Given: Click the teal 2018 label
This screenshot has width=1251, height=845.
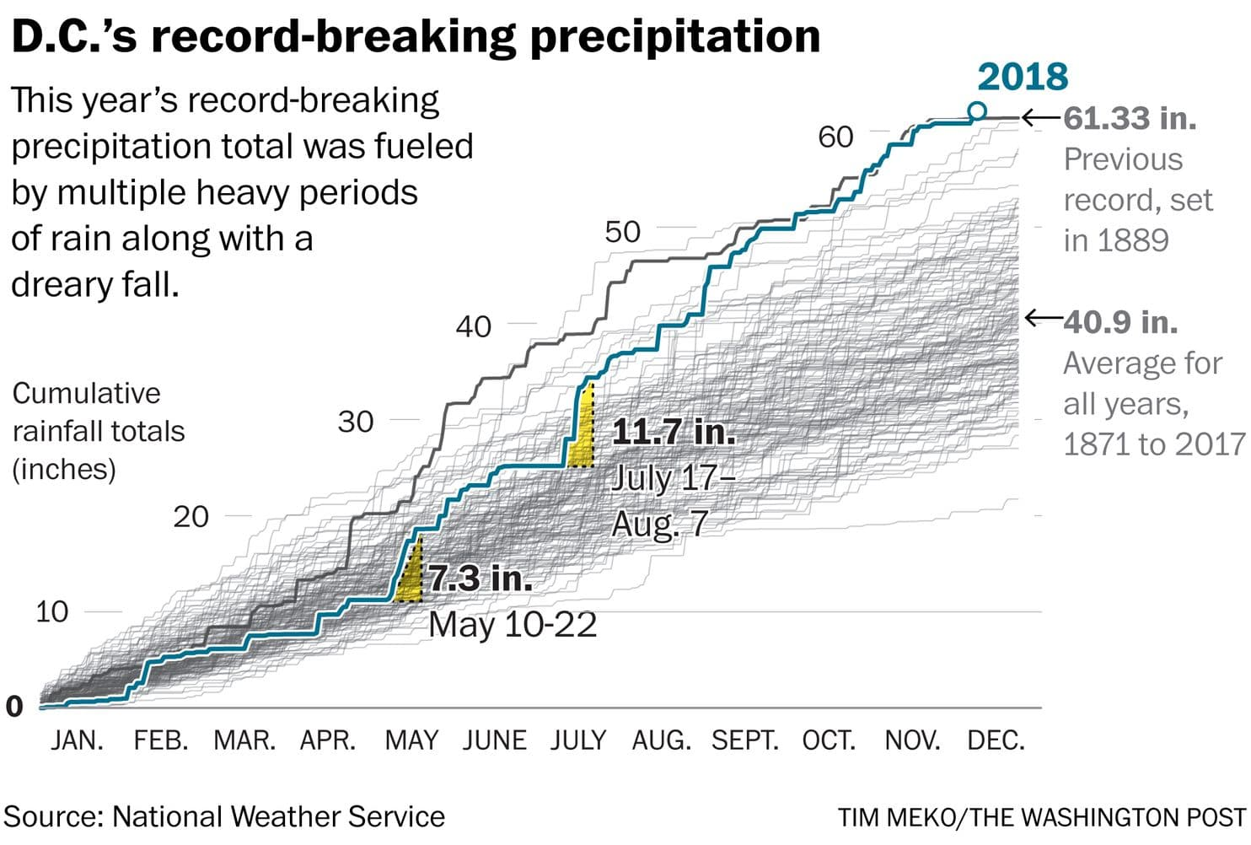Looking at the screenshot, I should [x=1023, y=77].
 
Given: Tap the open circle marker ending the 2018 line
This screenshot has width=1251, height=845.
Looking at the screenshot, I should [x=977, y=110].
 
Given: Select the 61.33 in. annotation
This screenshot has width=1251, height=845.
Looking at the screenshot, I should [x=1130, y=118].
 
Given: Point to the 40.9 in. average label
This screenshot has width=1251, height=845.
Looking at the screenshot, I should [x=1120, y=321].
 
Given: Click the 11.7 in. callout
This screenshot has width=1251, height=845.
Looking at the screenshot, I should [x=673, y=432].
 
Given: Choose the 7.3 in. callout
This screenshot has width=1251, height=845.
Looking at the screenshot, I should [x=481, y=579].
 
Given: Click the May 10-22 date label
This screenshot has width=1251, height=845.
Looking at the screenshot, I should [x=513, y=625].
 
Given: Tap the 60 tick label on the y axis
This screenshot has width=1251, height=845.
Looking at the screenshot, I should [x=835, y=137].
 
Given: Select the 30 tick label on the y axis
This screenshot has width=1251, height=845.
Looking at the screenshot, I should [x=355, y=422].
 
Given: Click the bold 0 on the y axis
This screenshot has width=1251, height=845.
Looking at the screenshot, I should [x=14, y=707].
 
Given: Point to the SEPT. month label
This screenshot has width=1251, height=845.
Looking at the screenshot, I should [x=744, y=740].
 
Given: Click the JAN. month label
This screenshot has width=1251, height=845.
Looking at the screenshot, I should [x=77, y=740].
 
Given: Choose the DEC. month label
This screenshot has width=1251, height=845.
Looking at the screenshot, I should [x=996, y=740].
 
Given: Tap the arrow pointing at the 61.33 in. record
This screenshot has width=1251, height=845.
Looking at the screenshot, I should [x=1040, y=118].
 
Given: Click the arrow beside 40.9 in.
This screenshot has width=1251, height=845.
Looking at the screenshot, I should [x=1043, y=319].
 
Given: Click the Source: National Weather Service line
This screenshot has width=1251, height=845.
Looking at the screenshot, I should [x=224, y=816].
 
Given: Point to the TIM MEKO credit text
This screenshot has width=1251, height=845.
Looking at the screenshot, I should [x=1042, y=817].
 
